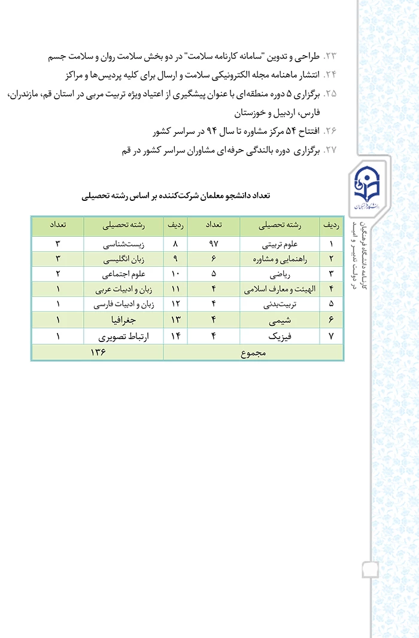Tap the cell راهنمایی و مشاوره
280,259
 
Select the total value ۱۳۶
98,352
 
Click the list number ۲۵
330,93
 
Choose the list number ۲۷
330,151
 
